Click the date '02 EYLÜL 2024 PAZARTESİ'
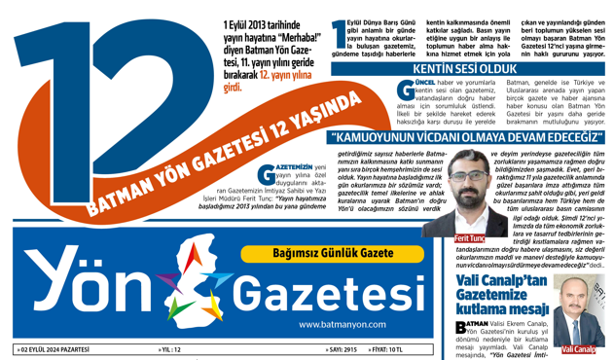point(59,348)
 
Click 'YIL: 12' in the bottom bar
point(169,348)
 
